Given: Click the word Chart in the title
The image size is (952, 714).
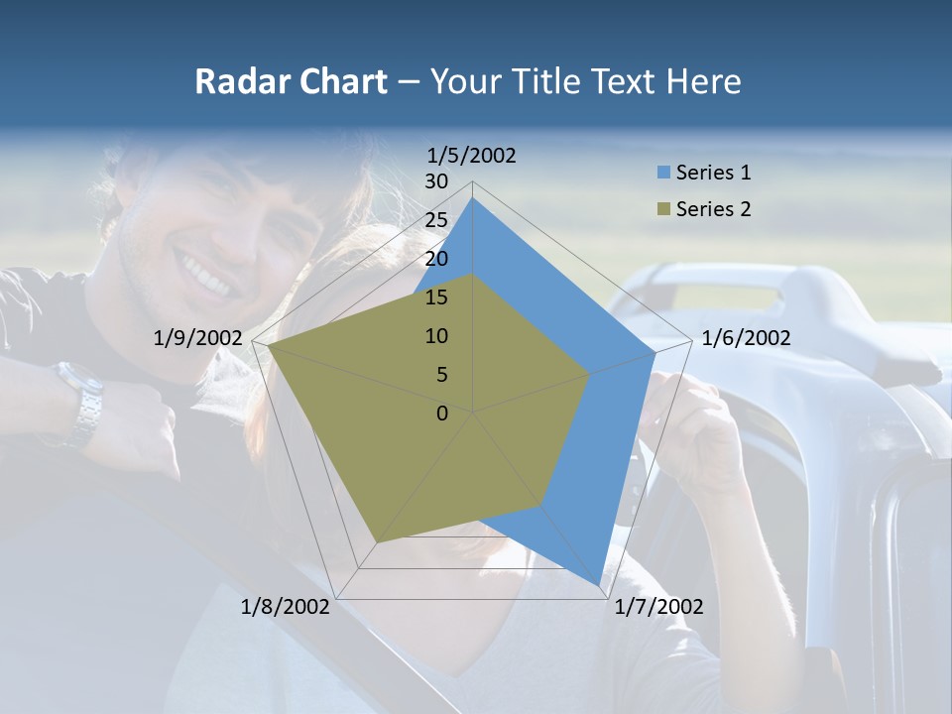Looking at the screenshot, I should (337, 81).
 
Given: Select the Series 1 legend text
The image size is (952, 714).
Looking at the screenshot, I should (713, 173).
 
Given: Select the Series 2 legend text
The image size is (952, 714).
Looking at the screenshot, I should (713, 209).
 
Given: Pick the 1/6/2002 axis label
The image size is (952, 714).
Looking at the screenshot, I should (746, 338).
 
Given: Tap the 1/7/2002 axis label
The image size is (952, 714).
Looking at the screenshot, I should (658, 607).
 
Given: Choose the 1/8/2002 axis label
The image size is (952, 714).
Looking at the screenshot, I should (286, 607).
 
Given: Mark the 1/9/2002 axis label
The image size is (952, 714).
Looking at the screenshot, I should (198, 338).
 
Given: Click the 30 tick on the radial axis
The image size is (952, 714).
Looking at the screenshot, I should (436, 181).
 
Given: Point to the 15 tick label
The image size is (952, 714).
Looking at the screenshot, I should (436, 297).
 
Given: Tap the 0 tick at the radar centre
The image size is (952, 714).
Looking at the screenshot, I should (442, 414).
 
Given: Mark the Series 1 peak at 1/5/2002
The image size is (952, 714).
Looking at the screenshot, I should (473, 198).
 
